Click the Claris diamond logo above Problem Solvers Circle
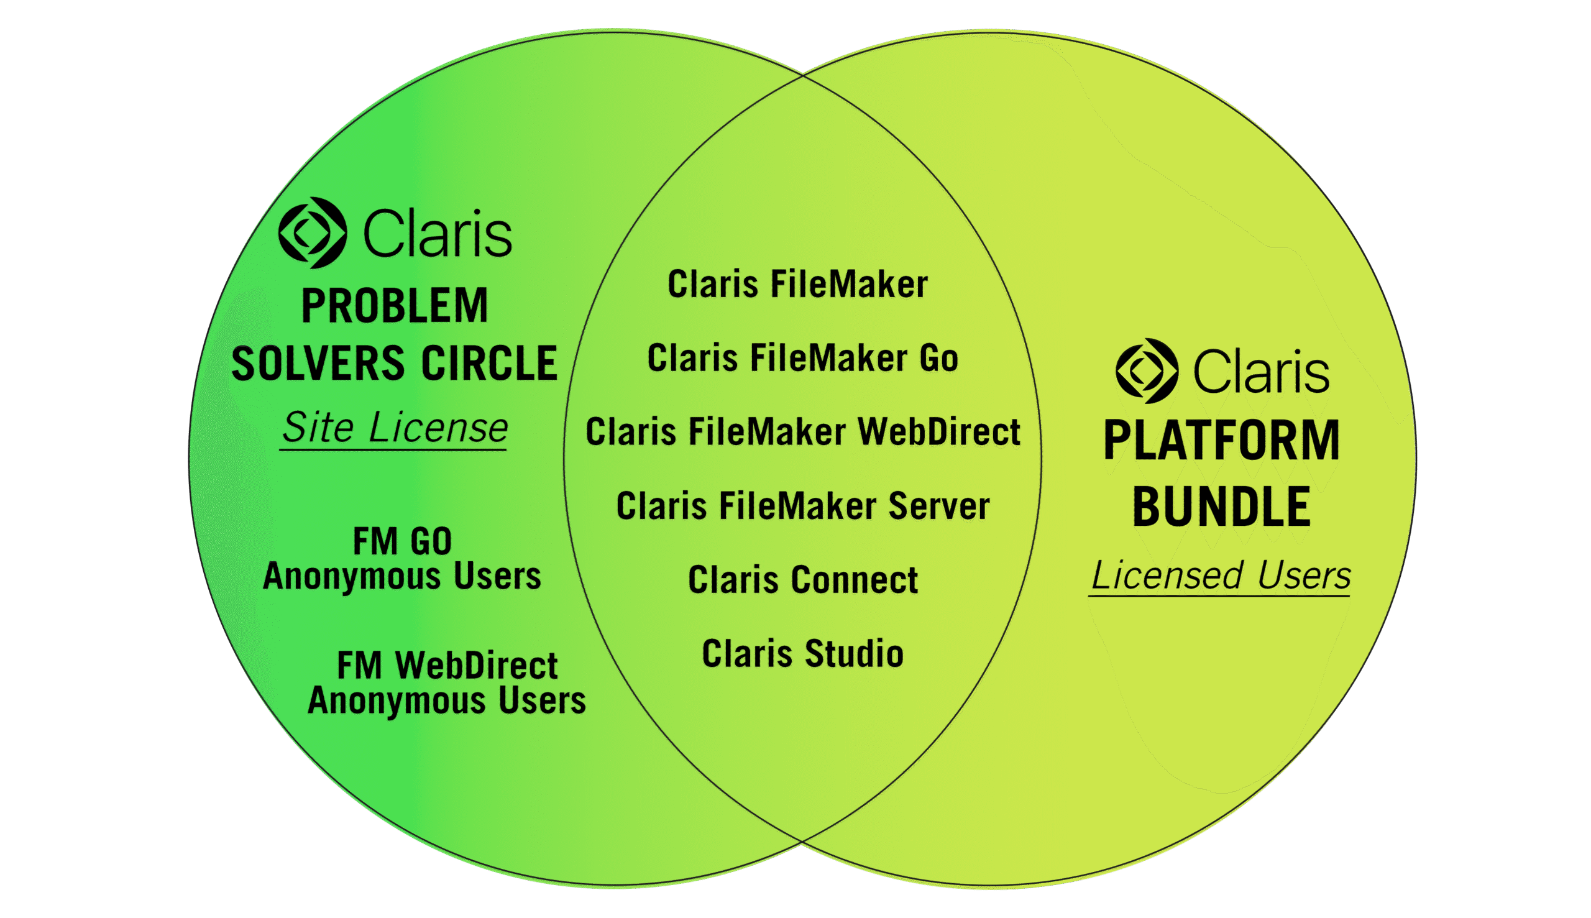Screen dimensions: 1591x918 tap(312, 232)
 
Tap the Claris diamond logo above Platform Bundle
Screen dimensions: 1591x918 tap(1147, 370)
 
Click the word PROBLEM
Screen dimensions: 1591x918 tap(395, 306)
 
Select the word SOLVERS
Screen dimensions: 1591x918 tap(318, 364)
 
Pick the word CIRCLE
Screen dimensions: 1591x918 tap(489, 364)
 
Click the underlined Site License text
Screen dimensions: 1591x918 tap(394, 429)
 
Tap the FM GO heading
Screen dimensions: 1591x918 tap(402, 541)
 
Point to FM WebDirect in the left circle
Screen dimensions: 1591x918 tap(447, 665)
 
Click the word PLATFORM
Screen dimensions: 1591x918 tap(1222, 441)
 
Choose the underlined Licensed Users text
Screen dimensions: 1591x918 tap(1221, 576)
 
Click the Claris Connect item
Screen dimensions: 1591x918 tap(802, 580)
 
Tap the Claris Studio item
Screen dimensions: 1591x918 tap(802, 654)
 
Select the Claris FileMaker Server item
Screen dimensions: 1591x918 tap(802, 507)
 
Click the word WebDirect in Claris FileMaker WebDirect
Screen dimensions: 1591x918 tap(938, 433)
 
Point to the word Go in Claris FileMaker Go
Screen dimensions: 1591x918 tap(938, 359)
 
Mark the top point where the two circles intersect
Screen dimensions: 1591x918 tap(802, 75)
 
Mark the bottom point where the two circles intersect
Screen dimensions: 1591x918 tap(802, 841)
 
